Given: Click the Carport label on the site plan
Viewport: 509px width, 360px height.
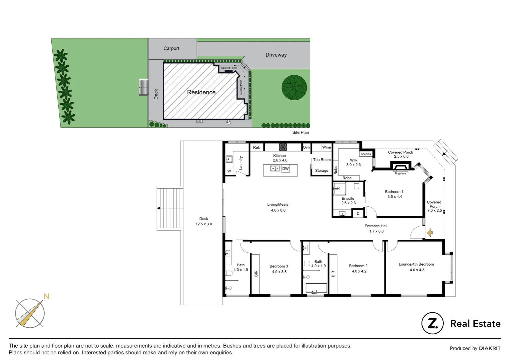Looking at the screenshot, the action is (x=171, y=48).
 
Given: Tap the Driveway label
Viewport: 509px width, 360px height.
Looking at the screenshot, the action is (x=276, y=55).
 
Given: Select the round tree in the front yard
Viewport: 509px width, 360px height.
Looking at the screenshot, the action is (x=294, y=87).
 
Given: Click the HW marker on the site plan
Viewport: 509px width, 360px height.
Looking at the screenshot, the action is (x=199, y=121).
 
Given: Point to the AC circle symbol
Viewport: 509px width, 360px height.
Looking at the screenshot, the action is (x=229, y=122).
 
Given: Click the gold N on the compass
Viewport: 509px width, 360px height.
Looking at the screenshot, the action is (x=47, y=297).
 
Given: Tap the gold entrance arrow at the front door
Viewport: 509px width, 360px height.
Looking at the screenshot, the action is (x=430, y=233).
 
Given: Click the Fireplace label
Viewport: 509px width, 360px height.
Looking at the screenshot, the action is (x=400, y=174).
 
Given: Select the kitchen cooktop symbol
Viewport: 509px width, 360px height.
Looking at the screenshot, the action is (x=283, y=147).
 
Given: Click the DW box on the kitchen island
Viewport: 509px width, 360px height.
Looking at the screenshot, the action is (x=285, y=169).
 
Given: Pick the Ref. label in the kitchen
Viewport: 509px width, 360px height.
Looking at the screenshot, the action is (x=256, y=147).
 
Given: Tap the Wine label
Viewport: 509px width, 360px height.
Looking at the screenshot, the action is (x=326, y=147).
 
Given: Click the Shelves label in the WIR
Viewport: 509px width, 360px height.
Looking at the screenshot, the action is (x=366, y=154).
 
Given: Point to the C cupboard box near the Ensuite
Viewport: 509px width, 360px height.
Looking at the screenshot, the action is (x=358, y=214).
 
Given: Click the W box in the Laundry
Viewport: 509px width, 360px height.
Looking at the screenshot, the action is (x=229, y=171).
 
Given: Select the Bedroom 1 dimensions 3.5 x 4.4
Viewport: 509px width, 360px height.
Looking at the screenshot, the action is (x=395, y=197).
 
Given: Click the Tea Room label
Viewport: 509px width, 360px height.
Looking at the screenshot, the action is (x=322, y=160).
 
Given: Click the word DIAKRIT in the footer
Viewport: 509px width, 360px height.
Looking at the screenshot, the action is (x=490, y=348).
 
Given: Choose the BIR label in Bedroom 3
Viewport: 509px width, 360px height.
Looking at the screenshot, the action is (x=256, y=274).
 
